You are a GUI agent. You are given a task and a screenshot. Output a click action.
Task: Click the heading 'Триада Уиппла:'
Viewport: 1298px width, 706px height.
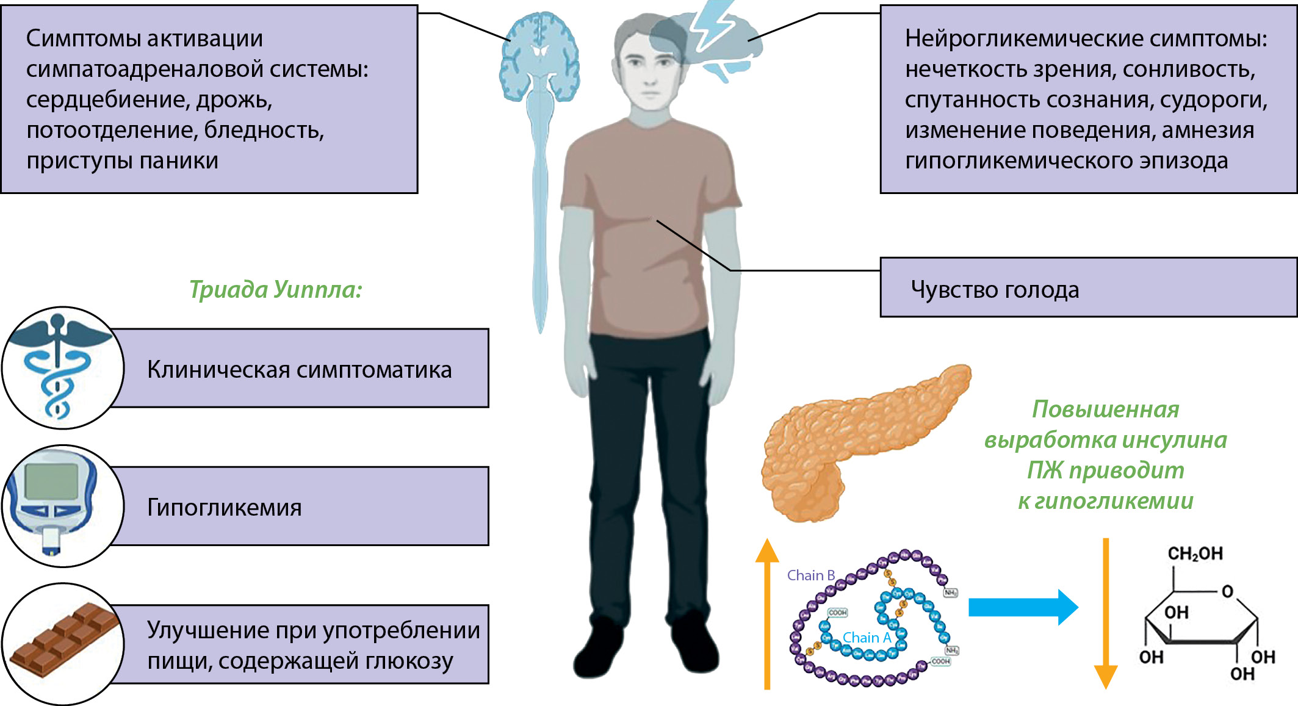[x=275, y=289]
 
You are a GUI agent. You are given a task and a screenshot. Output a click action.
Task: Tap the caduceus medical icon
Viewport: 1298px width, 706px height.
[x=58, y=366]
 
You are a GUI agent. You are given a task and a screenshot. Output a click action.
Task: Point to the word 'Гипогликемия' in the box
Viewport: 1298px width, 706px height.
[x=224, y=507]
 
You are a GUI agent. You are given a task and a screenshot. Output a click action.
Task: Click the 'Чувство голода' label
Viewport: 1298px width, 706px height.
[x=995, y=289]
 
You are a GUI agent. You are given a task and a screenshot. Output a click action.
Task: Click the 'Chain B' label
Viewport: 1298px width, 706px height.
[x=810, y=575]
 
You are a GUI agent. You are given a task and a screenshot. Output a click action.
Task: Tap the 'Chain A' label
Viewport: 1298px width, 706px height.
[x=867, y=638]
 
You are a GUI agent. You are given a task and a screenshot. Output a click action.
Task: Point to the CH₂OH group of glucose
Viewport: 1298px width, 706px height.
[x=1195, y=553]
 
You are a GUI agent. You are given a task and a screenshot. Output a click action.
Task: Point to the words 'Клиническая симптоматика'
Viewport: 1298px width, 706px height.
[x=299, y=370]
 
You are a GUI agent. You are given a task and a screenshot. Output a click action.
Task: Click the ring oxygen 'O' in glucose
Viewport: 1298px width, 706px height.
[x=1227, y=591]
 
